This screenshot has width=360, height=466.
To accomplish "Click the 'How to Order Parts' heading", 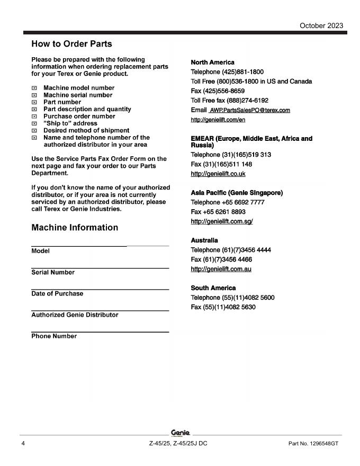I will point(71,43).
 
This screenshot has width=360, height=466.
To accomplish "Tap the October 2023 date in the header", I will point(321,25).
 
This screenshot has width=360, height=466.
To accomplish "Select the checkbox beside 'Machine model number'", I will point(34,88).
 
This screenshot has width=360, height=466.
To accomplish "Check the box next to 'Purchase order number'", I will point(34,116).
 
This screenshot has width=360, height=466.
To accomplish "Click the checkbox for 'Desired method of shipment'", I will point(34,131).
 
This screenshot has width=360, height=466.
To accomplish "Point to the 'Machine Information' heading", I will point(75,228).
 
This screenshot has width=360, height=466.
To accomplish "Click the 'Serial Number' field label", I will point(53,273).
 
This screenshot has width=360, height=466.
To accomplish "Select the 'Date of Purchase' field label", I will point(57,294).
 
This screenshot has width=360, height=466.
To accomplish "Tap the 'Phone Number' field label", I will point(54,336).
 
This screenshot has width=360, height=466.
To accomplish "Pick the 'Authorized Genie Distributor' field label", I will point(75,315).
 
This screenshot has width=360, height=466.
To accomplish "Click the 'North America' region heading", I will point(212,62).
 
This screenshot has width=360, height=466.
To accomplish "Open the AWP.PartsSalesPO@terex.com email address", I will point(250,110).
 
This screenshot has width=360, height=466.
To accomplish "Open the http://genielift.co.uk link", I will point(218,174).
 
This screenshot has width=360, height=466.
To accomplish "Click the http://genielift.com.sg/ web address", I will point(221,221).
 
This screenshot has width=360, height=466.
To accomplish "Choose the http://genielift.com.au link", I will point(221,269).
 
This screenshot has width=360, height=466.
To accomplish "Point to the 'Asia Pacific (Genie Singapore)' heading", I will point(237,193).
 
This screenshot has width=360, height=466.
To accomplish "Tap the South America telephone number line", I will point(232,298).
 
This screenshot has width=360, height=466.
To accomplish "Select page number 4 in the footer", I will point(23,443).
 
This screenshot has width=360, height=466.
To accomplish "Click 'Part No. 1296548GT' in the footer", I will point(313,443).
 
